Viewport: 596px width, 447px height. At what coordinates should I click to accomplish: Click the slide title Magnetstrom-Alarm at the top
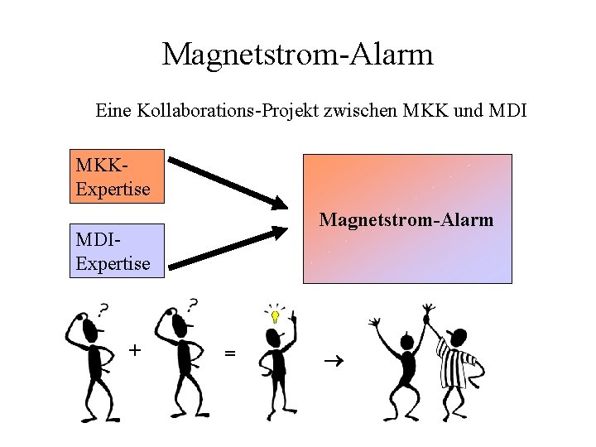(297, 55)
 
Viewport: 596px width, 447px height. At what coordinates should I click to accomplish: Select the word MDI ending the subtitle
(507, 109)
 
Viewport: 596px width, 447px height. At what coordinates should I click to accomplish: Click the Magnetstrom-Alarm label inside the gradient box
(406, 219)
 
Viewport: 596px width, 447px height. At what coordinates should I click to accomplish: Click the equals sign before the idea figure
(230, 353)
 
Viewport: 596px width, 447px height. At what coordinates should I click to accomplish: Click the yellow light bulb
(275, 315)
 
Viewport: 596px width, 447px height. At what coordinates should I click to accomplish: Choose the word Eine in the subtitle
(113, 109)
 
